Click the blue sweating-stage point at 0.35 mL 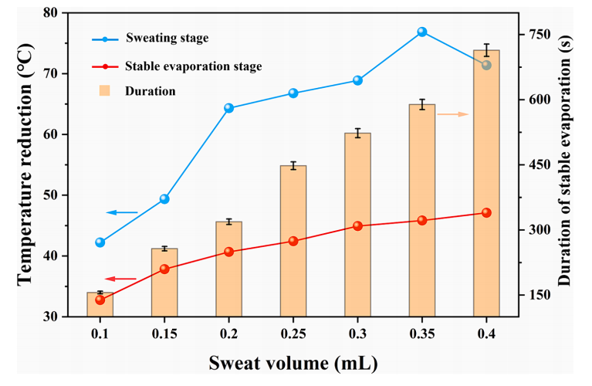[x=422, y=32]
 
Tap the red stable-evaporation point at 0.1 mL [x=100, y=300]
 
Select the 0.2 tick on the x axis [x=228, y=334]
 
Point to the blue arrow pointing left [x=122, y=212]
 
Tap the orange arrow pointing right [x=453, y=114]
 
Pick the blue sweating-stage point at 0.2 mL [x=228, y=108]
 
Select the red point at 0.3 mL [x=357, y=226]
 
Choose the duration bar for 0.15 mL [x=164, y=283]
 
